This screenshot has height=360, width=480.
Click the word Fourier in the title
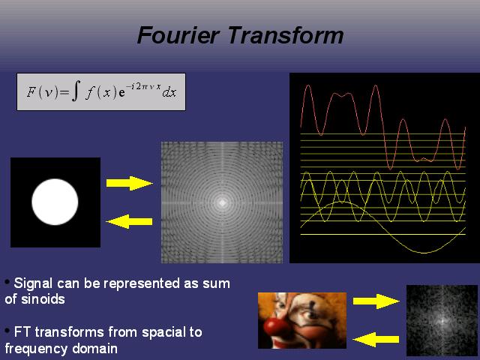[178, 35]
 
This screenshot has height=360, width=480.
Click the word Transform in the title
[286, 35]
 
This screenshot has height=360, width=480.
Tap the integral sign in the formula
[76, 91]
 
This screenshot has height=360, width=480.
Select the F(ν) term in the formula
[42, 91]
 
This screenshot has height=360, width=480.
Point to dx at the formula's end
[169, 92]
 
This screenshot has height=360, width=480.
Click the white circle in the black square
[55, 202]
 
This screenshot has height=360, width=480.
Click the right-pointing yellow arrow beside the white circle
[130, 183]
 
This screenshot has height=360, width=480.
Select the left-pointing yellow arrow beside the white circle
[129, 221]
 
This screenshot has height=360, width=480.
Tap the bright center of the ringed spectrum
[222, 202]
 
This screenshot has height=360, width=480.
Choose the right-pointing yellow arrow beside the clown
[376, 301]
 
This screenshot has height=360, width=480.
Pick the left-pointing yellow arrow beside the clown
[376, 340]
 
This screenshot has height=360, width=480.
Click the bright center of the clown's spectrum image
[442, 321]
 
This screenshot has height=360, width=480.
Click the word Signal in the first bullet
[33, 283]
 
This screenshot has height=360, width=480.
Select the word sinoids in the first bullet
[43, 299]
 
